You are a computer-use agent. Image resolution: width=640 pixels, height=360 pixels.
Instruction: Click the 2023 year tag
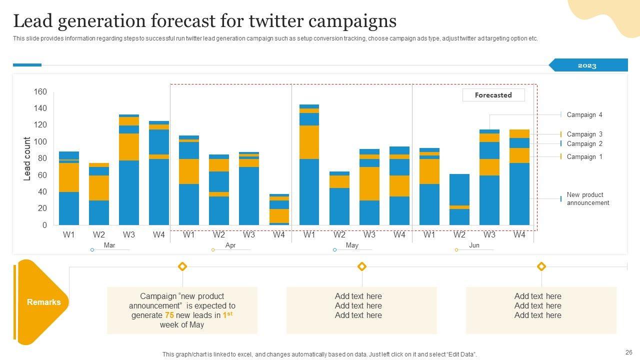pyautogui.click(x=587, y=65)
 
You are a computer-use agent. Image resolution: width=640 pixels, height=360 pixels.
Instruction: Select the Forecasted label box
pyautogui.click(x=493, y=95)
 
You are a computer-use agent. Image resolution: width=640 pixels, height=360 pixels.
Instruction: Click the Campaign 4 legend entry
pyautogui.click(x=584, y=115)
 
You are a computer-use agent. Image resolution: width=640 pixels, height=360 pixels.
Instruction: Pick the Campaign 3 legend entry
pyautogui.click(x=584, y=134)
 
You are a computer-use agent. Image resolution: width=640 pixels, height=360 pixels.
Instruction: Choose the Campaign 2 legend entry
pyautogui.click(x=584, y=143)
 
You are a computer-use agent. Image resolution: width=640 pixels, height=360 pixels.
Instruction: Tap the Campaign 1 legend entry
pyautogui.click(x=584, y=156)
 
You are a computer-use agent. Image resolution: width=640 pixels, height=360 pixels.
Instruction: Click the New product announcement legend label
pyautogui.click(x=587, y=198)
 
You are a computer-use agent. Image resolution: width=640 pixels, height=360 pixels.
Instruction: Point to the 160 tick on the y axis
pyautogui.click(x=40, y=91)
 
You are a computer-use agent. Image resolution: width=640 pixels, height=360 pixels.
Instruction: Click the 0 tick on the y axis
pyautogui.click(x=44, y=225)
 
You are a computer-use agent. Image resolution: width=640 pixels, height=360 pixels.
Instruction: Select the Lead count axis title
pyautogui.click(x=27, y=158)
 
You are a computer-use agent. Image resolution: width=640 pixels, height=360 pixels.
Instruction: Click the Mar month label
pyautogui.click(x=109, y=245)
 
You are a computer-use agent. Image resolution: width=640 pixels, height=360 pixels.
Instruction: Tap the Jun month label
pyautogui.click(x=474, y=245)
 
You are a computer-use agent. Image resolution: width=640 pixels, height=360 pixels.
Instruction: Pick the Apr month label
pyautogui.click(x=230, y=245)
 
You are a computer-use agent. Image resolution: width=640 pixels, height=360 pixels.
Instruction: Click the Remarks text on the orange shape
pyautogui.click(x=43, y=302)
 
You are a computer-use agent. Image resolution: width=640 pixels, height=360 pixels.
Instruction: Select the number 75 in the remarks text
pyautogui.click(x=169, y=315)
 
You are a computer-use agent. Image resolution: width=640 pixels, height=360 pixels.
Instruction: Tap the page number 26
pyautogui.click(x=628, y=352)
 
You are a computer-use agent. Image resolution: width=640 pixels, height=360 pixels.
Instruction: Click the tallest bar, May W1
pyautogui.click(x=309, y=165)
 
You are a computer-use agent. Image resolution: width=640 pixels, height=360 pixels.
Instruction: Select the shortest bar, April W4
pyautogui.click(x=279, y=210)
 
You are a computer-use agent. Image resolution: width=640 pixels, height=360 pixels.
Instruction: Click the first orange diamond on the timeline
pyautogui.click(x=182, y=266)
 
